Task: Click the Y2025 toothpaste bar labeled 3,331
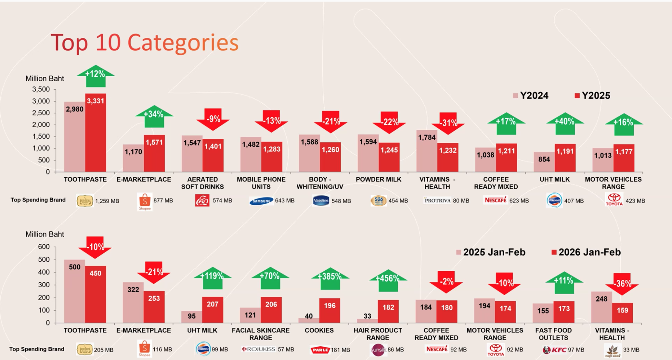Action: (96, 133)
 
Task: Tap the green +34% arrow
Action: (154, 116)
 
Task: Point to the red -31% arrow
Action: (448, 123)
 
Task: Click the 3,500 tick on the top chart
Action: (41, 89)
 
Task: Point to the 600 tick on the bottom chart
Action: (44, 247)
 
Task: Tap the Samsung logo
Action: (261, 201)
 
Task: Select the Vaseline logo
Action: (321, 201)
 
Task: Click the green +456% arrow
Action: (388, 280)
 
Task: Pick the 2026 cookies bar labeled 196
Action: (330, 311)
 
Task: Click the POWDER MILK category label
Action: (378, 179)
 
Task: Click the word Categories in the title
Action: (183, 43)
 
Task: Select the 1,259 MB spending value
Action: (107, 201)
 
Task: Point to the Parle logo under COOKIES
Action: (320, 350)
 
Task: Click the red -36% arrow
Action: (622, 284)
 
